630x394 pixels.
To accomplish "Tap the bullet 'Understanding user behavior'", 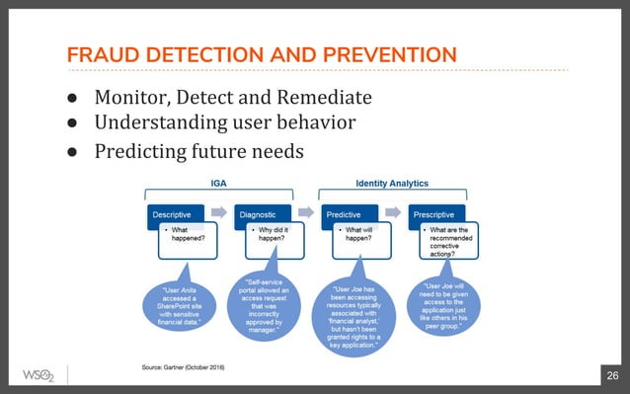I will [224, 123].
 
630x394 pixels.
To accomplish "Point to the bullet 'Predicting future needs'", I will [198, 151].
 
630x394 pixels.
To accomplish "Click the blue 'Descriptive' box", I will [176, 212].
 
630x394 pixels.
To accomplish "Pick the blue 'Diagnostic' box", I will [263, 212].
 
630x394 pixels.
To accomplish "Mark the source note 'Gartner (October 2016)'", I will [183, 367].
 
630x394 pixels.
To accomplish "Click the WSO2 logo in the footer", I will [38, 375].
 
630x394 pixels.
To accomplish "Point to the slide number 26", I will [611, 375].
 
